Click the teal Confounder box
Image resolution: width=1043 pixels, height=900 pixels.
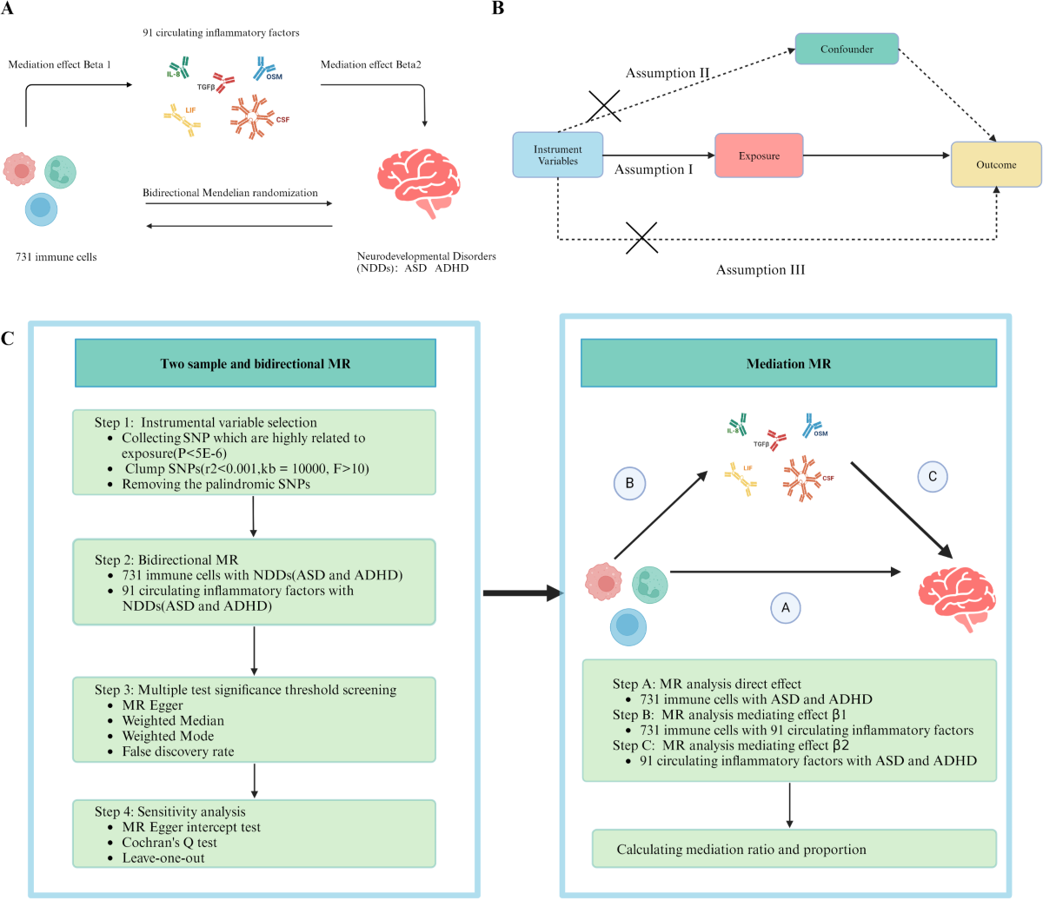[847, 50]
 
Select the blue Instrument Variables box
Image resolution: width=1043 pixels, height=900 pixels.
[557, 156]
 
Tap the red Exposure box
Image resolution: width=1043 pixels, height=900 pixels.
[759, 156]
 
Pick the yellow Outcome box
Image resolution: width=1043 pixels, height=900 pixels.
[996, 164]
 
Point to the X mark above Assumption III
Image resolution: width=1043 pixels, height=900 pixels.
[641, 237]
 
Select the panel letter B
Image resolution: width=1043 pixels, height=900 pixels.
[498, 9]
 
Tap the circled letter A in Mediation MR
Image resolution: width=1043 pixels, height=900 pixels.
[786, 608]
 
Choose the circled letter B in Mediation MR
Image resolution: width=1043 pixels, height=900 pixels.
[629, 482]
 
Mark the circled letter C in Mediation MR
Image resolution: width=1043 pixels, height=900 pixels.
[933, 476]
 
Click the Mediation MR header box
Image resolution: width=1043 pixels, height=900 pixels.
[788, 364]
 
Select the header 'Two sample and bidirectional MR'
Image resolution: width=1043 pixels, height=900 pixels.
[256, 364]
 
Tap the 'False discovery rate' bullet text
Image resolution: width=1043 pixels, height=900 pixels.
[177, 751]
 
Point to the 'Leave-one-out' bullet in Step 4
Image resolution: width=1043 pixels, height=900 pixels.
[163, 857]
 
